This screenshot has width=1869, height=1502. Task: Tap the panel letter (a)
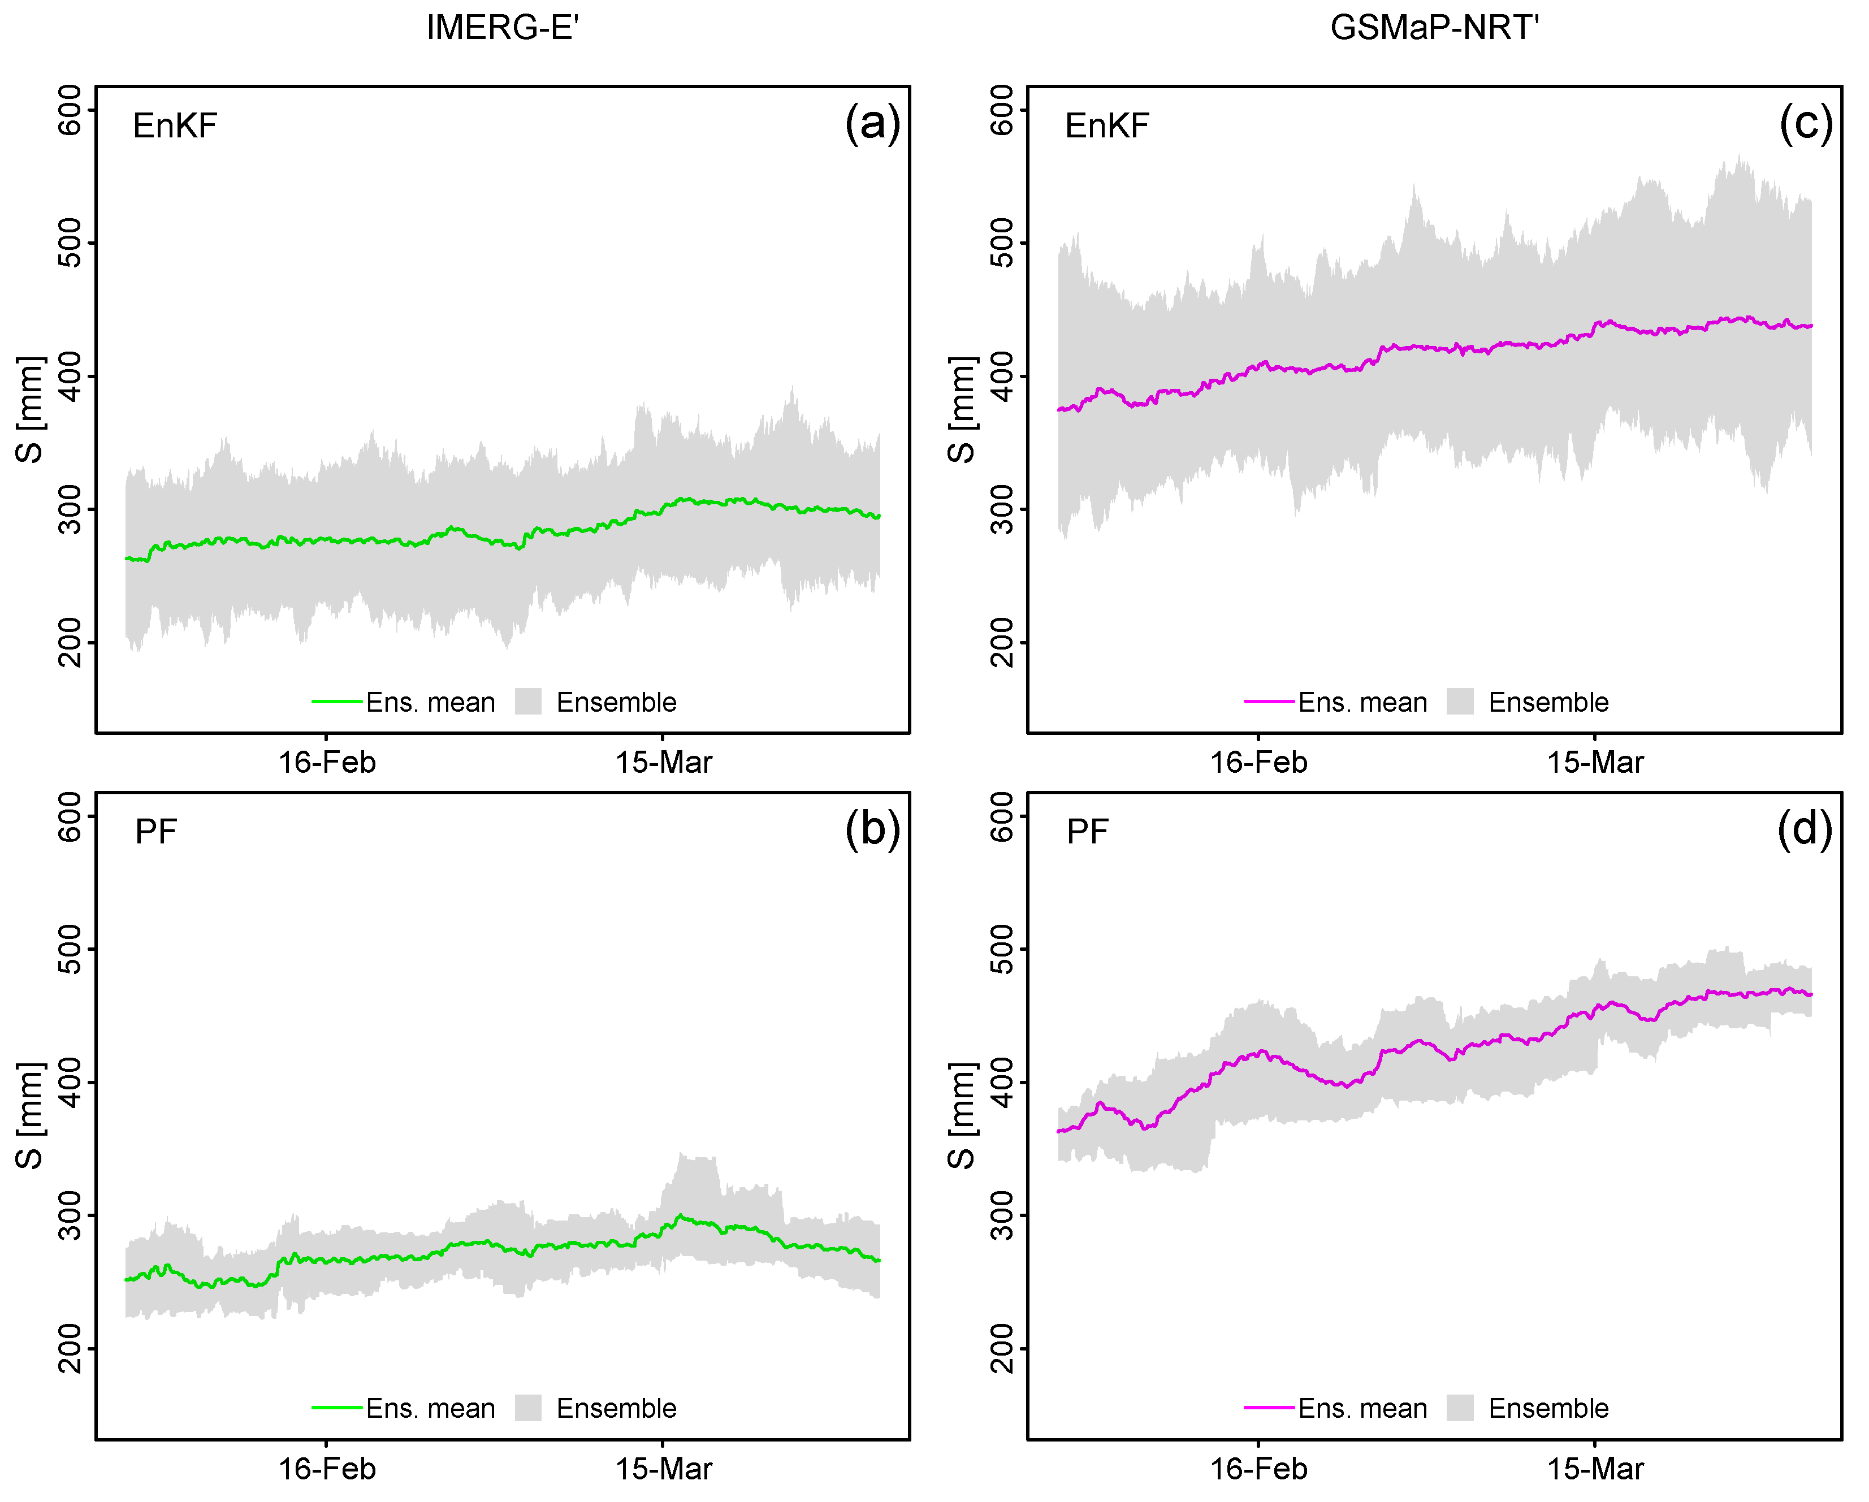(872, 123)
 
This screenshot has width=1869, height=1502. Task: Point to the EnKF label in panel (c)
(1106, 127)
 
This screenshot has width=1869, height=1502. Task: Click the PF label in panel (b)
(156, 832)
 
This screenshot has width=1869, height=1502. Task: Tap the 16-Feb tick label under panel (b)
(327, 1469)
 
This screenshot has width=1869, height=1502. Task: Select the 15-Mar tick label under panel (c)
(1595, 763)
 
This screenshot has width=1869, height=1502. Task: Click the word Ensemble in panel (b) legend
(616, 1408)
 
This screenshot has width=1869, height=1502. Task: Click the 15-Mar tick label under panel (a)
(663, 763)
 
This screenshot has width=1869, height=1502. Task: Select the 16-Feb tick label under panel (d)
(1258, 1469)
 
